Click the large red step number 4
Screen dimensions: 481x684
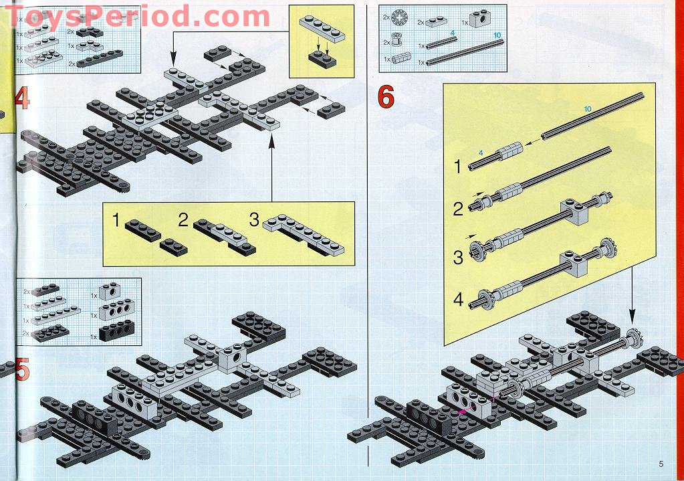pos(21,98)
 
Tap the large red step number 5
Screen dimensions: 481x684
pos(21,369)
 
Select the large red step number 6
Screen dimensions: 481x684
pos(386,98)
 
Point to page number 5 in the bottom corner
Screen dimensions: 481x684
pos(660,464)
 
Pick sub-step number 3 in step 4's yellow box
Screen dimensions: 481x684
pos(253,219)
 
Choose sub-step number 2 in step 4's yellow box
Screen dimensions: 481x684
pos(183,219)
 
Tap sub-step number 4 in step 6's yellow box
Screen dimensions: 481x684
pos(458,300)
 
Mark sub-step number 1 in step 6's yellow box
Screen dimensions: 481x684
pos(458,167)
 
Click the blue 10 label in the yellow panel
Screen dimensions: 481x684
pos(588,109)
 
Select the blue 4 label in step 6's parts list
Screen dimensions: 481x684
pos(452,32)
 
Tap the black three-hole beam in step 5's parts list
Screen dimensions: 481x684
pos(118,332)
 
